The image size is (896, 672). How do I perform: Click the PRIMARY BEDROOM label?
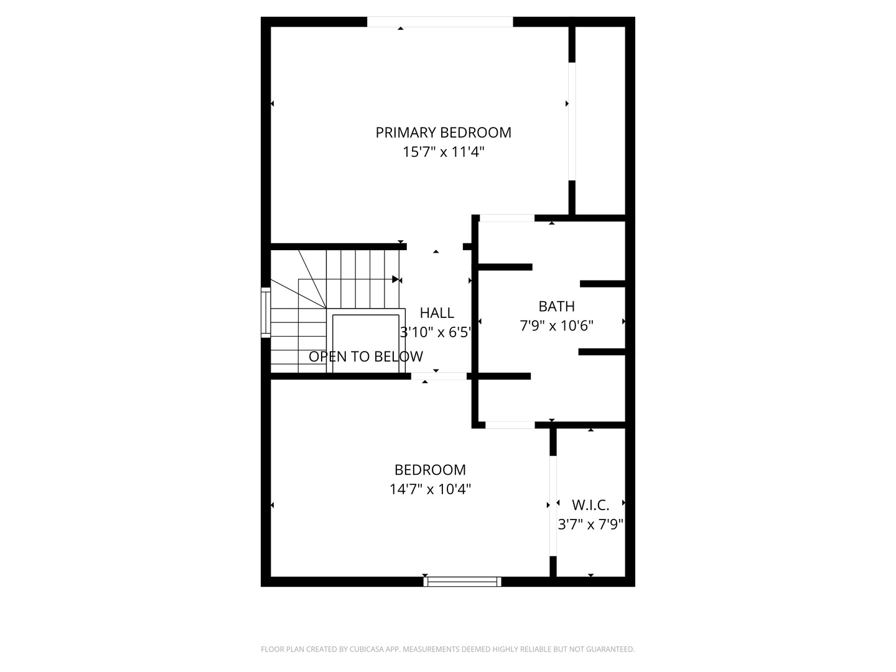pyautogui.click(x=443, y=133)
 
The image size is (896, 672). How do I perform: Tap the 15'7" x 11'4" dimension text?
pyautogui.click(x=443, y=152)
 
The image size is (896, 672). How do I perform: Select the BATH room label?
pyautogui.click(x=556, y=306)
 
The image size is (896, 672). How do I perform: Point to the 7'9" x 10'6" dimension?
pyautogui.click(x=556, y=325)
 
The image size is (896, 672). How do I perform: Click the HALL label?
pyautogui.click(x=437, y=313)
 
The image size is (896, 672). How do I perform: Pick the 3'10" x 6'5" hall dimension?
pyautogui.click(x=436, y=332)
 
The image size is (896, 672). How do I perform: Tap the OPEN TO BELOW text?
pyautogui.click(x=366, y=357)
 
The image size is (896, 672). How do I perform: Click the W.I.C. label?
pyautogui.click(x=590, y=505)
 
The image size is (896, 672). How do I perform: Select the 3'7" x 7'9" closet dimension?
pyautogui.click(x=590, y=525)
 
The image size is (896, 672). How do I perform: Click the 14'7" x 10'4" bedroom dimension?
pyautogui.click(x=430, y=489)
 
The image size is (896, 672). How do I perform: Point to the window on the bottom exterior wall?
pyautogui.click(x=462, y=581)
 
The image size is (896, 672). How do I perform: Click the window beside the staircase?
pyautogui.click(x=266, y=312)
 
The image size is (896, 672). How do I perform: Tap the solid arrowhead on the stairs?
pyautogui.click(x=395, y=279)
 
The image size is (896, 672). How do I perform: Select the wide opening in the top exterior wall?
pyautogui.click(x=440, y=22)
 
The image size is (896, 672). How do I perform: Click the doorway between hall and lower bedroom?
pyautogui.click(x=439, y=376)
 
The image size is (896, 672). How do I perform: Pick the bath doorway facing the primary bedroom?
pyautogui.click(x=507, y=218)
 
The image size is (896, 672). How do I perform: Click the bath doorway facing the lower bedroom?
pyautogui.click(x=510, y=425)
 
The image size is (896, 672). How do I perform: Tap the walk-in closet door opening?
pyautogui.click(x=553, y=505)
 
